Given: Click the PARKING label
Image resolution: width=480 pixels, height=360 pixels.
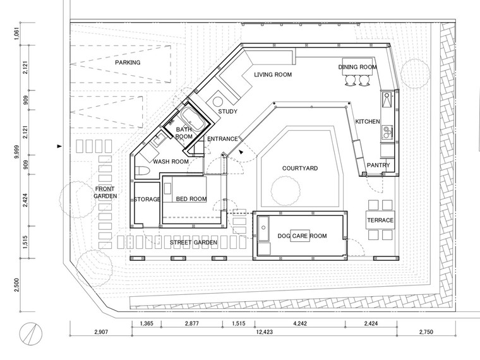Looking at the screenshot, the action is (128, 63).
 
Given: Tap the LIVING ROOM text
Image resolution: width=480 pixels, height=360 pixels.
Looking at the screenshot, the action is (273, 75).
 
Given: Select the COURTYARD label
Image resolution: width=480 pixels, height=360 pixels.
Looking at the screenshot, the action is (300, 169).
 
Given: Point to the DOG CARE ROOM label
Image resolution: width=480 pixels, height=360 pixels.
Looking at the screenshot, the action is (302, 236).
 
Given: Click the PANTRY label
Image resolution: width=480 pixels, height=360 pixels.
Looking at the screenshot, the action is (378, 165).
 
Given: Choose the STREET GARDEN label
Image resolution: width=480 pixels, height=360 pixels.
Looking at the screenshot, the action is (193, 243).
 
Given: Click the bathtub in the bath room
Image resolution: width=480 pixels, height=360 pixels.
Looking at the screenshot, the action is (193, 119).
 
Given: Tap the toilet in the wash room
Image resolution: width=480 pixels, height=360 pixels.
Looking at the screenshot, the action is (141, 171).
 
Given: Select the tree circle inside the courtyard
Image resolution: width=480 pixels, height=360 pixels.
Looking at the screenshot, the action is (285, 191).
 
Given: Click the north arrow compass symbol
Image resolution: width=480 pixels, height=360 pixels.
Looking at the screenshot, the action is (31, 333).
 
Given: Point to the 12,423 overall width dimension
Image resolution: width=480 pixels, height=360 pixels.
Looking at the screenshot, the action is (265, 332).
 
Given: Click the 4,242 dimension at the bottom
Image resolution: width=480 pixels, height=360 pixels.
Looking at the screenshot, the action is (300, 323).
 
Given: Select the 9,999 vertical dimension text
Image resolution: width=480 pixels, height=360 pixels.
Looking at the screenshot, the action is (17, 152).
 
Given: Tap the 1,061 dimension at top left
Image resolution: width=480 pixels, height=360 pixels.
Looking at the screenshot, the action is (17, 33).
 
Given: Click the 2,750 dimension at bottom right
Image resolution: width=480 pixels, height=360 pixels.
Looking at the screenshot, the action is (426, 332).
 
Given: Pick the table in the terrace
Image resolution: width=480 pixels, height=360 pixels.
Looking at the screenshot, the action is (380, 220).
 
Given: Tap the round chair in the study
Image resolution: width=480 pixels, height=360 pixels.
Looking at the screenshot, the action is (218, 102).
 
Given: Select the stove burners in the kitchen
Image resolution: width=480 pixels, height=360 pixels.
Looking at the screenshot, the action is (387, 131).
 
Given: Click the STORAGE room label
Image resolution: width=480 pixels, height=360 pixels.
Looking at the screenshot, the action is (147, 200).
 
